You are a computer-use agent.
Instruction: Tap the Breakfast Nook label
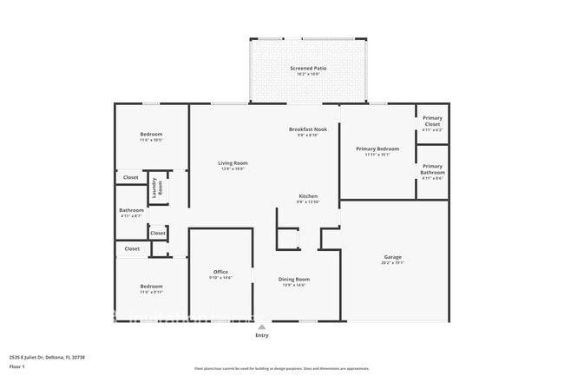coord(308,129)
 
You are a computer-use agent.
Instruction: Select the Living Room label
coord(233,163)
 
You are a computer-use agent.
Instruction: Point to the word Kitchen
coord(309,196)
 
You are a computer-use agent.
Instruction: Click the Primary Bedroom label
coord(377,148)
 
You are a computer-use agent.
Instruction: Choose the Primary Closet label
coord(432,121)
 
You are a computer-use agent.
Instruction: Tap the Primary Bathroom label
coord(432,169)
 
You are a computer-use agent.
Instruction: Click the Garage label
coord(393,257)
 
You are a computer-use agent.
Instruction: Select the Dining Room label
coord(294,279)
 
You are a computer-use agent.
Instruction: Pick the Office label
coord(220,272)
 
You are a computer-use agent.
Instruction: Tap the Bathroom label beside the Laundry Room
coord(131,210)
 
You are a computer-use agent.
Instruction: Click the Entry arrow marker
coord(262,327)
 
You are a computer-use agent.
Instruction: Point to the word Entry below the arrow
coord(262,335)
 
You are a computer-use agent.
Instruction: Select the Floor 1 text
coord(17,366)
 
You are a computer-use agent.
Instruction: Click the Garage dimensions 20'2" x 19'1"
coord(393,263)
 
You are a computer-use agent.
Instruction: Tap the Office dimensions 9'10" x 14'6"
coord(220,278)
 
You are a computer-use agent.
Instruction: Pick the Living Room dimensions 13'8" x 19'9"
coord(233,169)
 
